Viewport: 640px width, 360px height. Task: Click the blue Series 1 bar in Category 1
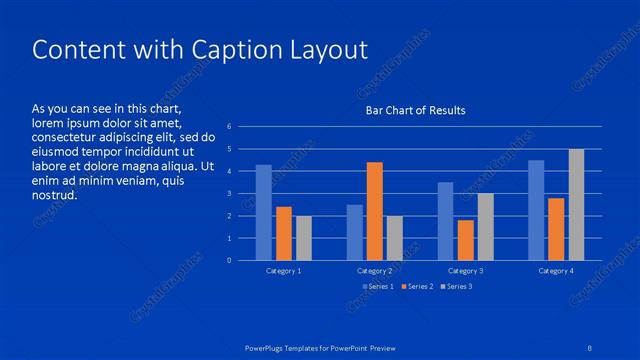(264, 213)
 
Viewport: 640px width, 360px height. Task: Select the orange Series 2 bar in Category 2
(375, 211)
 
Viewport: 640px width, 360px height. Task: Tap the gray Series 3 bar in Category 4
(576, 205)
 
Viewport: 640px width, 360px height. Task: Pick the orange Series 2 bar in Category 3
(465, 240)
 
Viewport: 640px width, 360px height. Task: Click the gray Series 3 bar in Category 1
(304, 238)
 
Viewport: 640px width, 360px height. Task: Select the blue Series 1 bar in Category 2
(355, 232)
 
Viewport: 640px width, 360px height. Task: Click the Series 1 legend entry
(379, 287)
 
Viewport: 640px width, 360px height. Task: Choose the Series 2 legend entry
(416, 287)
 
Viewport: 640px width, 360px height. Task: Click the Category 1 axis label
(284, 271)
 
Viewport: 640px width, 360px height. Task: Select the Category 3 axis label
(465, 271)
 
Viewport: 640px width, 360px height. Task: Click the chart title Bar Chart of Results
(415, 110)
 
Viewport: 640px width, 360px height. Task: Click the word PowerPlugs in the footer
(266, 347)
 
